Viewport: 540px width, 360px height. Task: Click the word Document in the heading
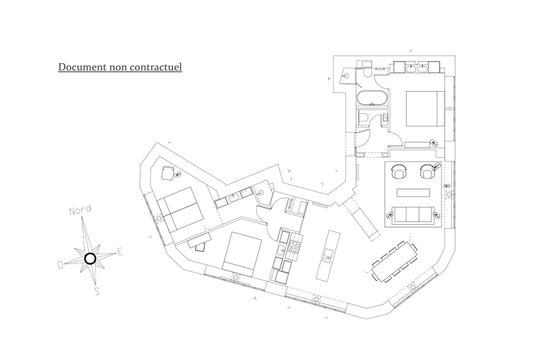pyautogui.click(x=83, y=67)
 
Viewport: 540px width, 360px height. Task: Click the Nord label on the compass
pyautogui.click(x=80, y=210)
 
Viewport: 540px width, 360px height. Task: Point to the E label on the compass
pyautogui.click(x=120, y=252)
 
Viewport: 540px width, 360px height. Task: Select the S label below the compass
pyautogui.click(x=97, y=291)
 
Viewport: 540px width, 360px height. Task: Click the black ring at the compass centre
pyautogui.click(x=90, y=258)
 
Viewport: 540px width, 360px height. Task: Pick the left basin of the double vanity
pyautogui.click(x=410, y=68)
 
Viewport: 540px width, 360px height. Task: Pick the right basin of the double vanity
pyautogui.click(x=423, y=68)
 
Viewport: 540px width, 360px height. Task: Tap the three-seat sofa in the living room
pyautogui.click(x=413, y=214)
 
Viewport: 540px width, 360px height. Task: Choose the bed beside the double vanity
pyautogui.click(x=425, y=108)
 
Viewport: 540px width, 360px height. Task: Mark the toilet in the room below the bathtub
pyautogui.click(x=362, y=117)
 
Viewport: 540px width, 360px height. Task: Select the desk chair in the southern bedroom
pyautogui.click(x=201, y=247)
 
